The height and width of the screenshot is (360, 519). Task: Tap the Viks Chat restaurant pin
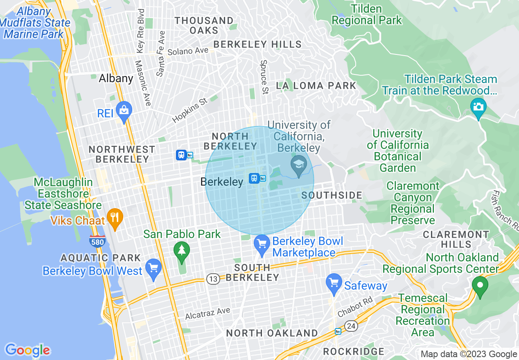[x=115, y=218]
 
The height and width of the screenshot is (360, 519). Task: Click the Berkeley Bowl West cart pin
[x=153, y=268]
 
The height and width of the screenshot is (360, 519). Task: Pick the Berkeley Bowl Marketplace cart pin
[x=262, y=244]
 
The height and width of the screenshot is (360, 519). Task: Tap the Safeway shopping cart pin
[x=334, y=283]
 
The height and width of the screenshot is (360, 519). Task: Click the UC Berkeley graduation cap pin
[x=299, y=165]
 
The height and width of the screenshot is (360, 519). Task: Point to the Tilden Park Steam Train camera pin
[x=478, y=107]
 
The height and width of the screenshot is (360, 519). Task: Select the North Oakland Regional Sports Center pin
[x=480, y=286]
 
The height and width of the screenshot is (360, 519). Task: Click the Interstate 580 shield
[x=97, y=241]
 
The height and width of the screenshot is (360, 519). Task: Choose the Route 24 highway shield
[x=351, y=326]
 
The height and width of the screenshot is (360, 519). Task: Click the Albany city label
[x=116, y=78]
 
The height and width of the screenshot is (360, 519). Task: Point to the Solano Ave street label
[x=188, y=52]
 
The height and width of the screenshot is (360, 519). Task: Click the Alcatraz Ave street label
[x=208, y=313]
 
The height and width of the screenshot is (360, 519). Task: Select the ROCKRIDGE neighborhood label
[x=354, y=351]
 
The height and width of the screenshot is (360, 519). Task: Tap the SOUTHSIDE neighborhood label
[x=332, y=196]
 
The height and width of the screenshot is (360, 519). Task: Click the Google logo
[x=27, y=350]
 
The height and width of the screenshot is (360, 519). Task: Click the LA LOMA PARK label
[x=316, y=86]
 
